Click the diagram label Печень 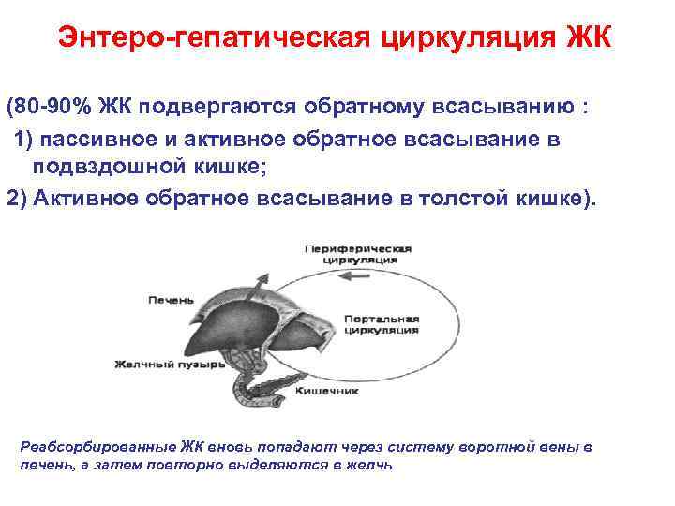(172, 300)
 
